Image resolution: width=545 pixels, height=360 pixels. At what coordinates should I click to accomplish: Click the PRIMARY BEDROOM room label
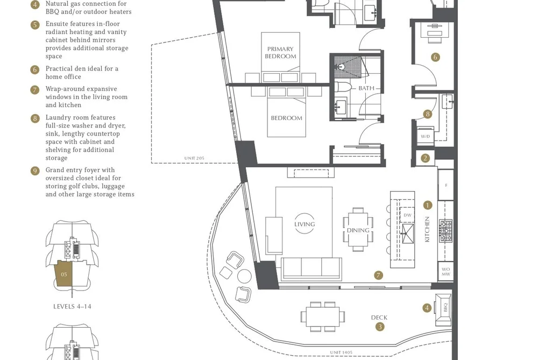(280, 53)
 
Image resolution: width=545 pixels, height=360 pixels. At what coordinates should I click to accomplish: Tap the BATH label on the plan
(366, 88)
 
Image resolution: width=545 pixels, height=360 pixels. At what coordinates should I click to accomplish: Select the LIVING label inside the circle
(305, 224)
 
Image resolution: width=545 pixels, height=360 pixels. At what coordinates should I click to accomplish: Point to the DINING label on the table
(358, 230)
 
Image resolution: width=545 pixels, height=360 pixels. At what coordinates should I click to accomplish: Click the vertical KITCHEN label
(427, 229)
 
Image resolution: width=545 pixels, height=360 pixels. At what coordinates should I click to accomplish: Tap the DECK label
(379, 317)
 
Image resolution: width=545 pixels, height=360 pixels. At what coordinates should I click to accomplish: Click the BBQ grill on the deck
(443, 307)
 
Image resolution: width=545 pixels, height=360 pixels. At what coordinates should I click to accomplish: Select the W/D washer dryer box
(425, 136)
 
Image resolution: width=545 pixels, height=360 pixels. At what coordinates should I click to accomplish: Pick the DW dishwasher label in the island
(407, 215)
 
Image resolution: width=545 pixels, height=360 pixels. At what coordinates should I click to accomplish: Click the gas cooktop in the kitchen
(445, 231)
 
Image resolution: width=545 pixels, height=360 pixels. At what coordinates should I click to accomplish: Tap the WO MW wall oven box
(445, 271)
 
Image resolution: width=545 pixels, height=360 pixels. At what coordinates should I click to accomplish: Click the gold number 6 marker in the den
(435, 57)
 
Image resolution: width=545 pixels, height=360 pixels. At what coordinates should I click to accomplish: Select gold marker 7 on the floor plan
(379, 275)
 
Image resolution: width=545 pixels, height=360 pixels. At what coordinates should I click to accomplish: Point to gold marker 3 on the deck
(380, 327)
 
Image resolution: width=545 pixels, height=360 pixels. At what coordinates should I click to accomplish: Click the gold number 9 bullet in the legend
(35, 171)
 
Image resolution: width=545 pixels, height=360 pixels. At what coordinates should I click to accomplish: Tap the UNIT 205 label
(194, 158)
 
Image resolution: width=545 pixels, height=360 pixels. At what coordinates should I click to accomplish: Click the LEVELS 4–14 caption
(72, 307)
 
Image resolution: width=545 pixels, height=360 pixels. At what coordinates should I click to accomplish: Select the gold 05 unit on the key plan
(63, 274)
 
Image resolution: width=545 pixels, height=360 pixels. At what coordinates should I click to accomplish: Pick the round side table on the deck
(244, 276)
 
